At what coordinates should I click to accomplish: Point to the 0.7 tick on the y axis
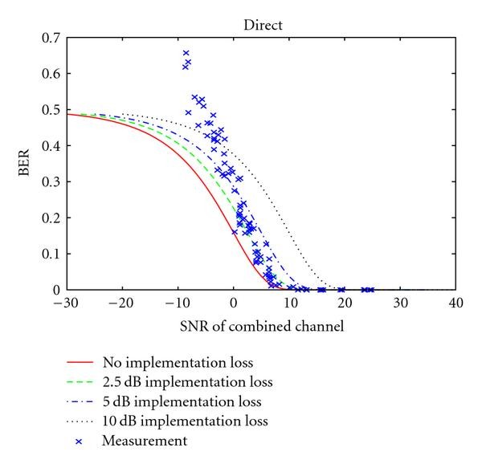[x=51, y=38]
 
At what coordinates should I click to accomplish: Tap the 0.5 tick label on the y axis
[x=51, y=110]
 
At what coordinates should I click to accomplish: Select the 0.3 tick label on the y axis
[x=51, y=182]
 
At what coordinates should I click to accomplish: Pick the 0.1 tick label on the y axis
[x=51, y=254]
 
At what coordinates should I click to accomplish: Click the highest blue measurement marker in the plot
[x=186, y=53]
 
